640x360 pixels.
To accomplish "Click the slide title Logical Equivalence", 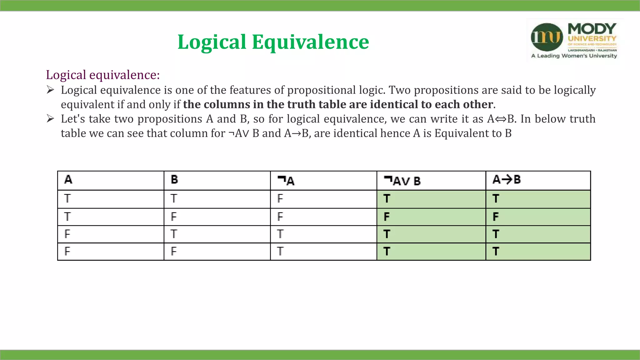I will [273, 42].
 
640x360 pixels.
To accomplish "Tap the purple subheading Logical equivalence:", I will [103, 75].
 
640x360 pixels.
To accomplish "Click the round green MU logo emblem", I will [547, 37].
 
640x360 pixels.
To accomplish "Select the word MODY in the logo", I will [592, 29].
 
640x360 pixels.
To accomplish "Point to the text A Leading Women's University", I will [574, 56].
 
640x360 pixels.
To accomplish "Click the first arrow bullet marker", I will [50, 90].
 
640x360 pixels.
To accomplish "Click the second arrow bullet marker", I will [50, 119].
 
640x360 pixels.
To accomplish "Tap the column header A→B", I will [507, 180].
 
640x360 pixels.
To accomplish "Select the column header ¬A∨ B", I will [402, 181].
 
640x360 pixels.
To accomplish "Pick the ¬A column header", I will [286, 181].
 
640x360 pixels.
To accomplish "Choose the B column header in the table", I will [174, 180].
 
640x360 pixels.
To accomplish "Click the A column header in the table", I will [68, 180].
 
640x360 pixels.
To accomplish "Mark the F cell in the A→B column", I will [496, 217].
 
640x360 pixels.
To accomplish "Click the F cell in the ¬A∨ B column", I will [387, 217].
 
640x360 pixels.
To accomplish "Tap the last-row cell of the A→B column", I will [496, 251].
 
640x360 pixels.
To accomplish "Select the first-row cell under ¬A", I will [280, 199].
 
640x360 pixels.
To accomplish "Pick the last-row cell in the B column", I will [174, 251].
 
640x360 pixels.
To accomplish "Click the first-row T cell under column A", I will [67, 199].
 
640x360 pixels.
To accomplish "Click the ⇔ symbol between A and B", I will [501, 119].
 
